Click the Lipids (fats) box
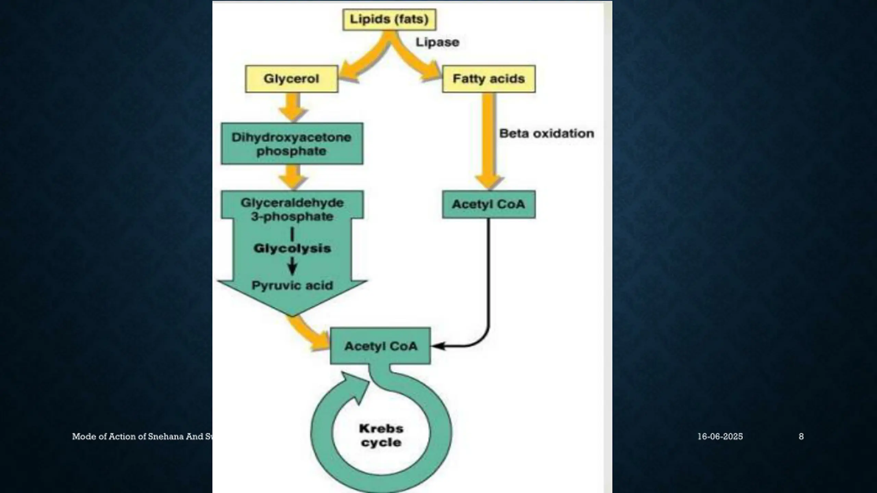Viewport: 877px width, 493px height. (x=389, y=20)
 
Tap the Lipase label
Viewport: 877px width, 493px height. (x=437, y=42)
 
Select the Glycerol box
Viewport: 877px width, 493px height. (x=292, y=79)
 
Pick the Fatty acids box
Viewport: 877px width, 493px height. (x=489, y=79)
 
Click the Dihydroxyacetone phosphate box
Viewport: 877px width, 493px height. (x=292, y=144)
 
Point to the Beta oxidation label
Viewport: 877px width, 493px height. (x=546, y=133)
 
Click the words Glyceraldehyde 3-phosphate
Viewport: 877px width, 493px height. (x=292, y=209)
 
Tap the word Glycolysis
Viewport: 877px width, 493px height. (x=292, y=248)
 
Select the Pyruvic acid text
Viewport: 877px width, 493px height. (x=292, y=285)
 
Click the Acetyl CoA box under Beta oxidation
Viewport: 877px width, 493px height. (x=489, y=204)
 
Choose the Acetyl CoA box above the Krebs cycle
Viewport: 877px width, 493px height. (x=380, y=346)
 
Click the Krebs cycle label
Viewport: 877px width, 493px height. (x=381, y=435)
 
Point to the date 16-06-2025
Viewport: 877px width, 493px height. (x=720, y=437)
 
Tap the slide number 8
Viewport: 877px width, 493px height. (x=801, y=437)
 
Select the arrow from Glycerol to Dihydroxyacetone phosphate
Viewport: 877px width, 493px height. (x=293, y=107)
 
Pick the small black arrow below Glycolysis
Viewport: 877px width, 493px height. (x=292, y=267)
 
